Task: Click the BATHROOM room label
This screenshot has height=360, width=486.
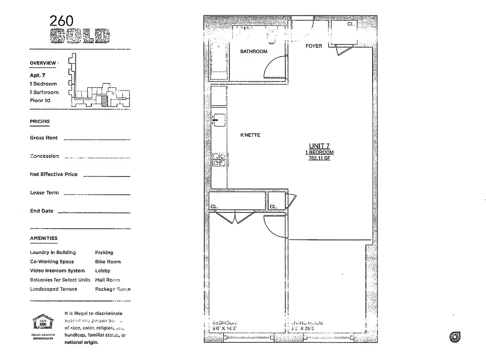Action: point(253,52)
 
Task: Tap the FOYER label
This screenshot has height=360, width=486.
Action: point(314,46)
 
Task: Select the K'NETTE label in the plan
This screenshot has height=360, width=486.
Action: point(250,135)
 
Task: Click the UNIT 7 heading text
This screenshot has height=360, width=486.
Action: point(319,146)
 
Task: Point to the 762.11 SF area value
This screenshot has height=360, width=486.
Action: point(319,158)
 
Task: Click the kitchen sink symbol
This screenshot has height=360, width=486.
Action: point(219,120)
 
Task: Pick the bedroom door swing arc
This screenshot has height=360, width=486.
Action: point(274,223)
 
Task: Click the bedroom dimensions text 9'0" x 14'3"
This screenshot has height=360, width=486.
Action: point(224,329)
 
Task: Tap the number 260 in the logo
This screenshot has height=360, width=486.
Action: point(62,21)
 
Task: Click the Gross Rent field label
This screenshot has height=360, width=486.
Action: point(44,138)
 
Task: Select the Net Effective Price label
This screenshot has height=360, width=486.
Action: point(54,174)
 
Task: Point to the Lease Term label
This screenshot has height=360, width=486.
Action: point(44,193)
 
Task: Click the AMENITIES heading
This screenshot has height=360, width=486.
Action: point(44,238)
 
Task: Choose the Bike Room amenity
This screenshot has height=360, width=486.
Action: point(108,261)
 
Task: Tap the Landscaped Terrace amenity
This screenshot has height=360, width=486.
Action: point(54,289)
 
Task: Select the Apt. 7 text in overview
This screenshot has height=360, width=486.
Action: point(38,76)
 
